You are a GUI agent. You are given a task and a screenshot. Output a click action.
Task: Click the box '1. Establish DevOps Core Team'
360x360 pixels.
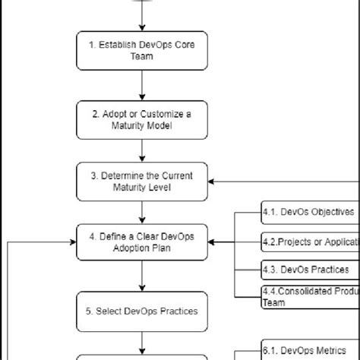tap(142, 51)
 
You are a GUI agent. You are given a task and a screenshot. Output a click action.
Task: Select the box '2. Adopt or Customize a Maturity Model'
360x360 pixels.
tap(142, 119)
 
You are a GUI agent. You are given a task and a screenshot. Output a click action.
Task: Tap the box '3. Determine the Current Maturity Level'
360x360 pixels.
tap(142, 182)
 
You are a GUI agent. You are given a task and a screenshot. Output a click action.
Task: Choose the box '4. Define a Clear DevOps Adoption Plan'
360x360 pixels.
tap(142, 243)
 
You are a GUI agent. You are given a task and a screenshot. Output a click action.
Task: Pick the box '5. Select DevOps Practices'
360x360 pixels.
tap(142, 310)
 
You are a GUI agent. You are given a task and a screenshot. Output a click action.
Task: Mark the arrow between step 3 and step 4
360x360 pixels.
tap(142, 212)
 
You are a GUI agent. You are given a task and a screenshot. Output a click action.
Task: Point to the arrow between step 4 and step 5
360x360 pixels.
tap(142, 276)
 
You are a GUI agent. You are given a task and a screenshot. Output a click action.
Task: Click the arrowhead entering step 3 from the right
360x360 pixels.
tap(213, 182)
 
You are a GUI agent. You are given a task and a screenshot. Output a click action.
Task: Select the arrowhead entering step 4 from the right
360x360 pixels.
tap(213, 243)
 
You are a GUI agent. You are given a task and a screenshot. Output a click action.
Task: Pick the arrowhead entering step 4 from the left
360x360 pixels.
tap(72, 243)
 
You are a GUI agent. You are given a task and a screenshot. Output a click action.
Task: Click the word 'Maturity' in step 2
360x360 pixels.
tap(125, 125)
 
